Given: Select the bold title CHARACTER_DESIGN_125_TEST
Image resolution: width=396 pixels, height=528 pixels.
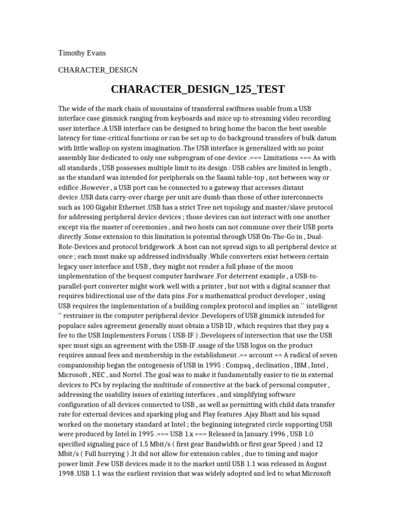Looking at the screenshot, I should click(197, 89).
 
